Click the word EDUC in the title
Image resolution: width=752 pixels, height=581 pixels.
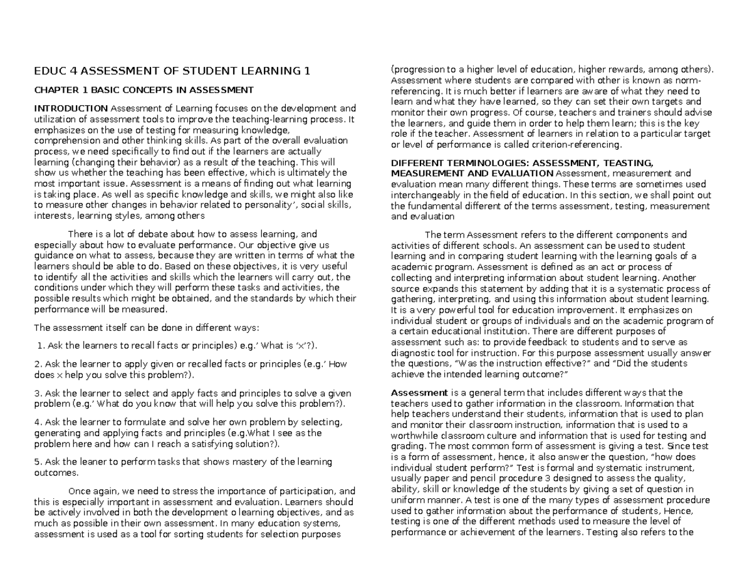coord(48,71)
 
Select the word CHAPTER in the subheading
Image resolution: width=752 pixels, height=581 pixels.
coord(55,90)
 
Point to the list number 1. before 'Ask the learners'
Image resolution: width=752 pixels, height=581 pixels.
coord(41,345)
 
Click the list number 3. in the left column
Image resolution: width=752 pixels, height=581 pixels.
coord(38,394)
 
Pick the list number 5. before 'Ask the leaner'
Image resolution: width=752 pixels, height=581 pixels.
coord(38,462)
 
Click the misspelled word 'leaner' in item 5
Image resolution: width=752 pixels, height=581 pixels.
coord(103,462)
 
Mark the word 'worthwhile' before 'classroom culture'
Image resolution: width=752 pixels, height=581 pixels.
coord(414,436)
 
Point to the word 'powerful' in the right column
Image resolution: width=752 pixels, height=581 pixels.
coord(446,310)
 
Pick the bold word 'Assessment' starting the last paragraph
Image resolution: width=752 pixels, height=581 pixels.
coord(414,393)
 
